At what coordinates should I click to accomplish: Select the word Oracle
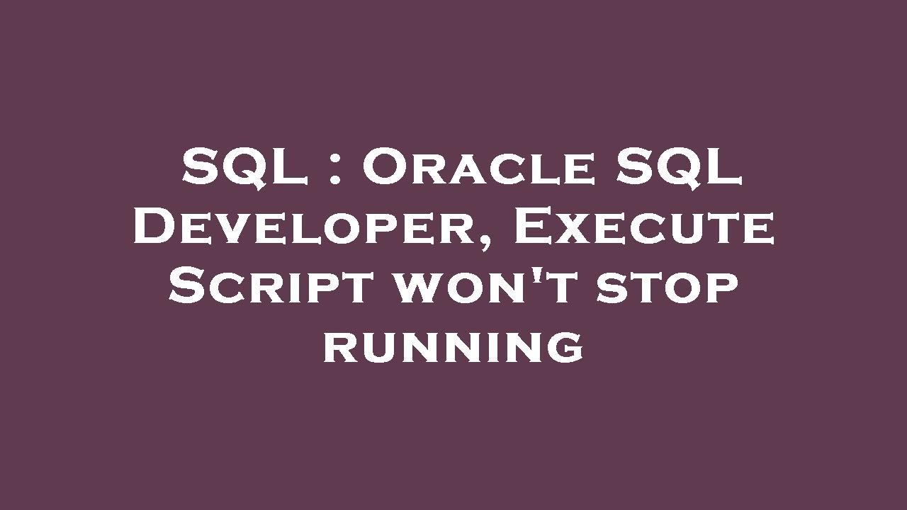(479, 170)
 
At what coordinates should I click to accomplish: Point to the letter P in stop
(721, 292)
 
